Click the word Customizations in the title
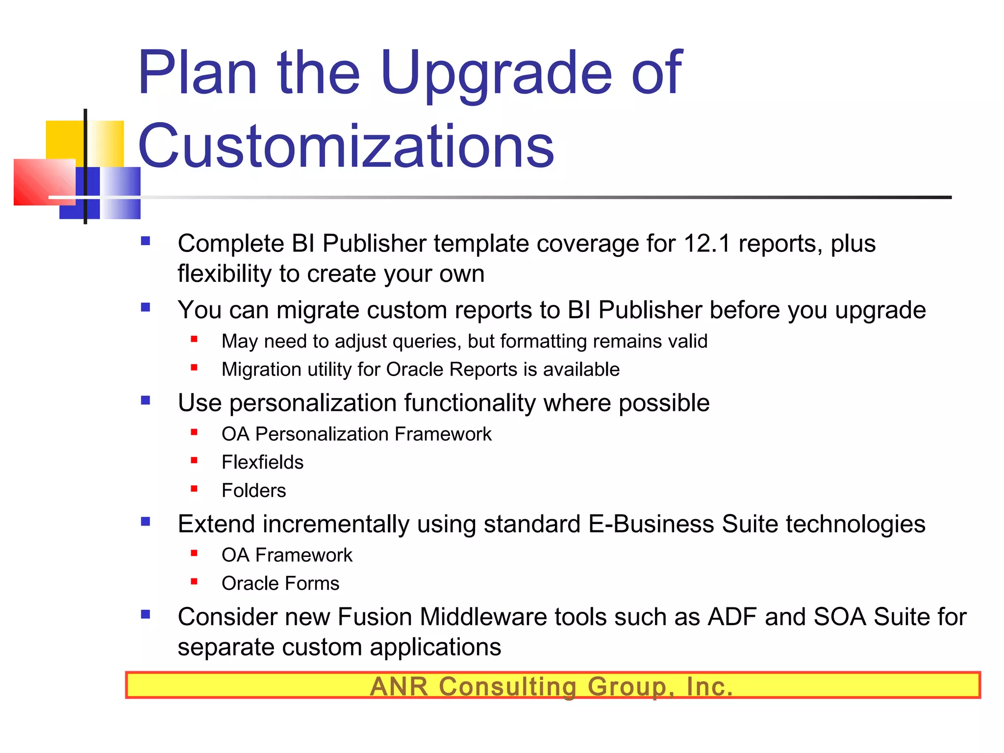(346, 146)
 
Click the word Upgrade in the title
(496, 74)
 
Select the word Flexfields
(262, 462)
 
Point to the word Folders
(253, 491)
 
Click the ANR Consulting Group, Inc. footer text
(552, 686)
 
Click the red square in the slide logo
(44, 181)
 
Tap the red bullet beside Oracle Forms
(194, 582)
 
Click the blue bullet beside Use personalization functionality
(146, 401)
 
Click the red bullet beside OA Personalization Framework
(194, 432)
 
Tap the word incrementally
(336, 524)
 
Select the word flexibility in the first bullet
(225, 274)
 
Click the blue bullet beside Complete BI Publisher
(146, 241)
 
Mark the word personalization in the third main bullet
(313, 403)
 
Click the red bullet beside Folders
(194, 489)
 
